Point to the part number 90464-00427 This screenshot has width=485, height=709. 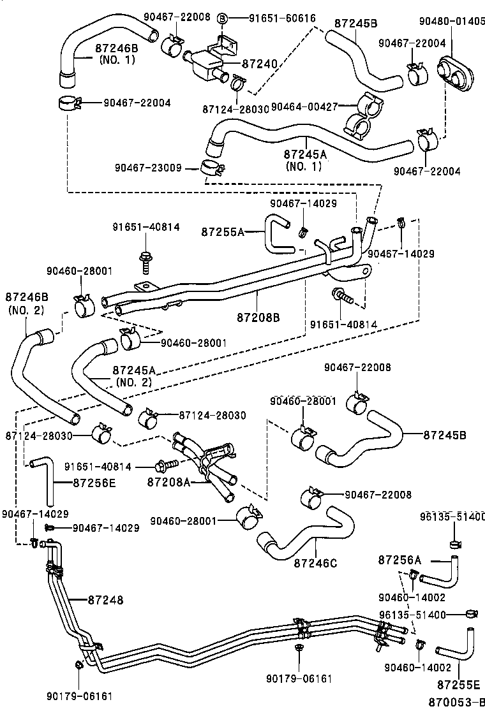(x=304, y=106)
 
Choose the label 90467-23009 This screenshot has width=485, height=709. (x=147, y=168)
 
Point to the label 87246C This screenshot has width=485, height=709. (x=315, y=562)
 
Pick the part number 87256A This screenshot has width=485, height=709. (x=399, y=560)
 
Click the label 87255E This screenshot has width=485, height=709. (x=458, y=685)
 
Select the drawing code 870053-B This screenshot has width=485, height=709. (x=454, y=701)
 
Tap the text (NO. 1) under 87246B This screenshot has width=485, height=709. (x=117, y=59)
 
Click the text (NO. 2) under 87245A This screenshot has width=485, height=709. (x=133, y=382)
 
